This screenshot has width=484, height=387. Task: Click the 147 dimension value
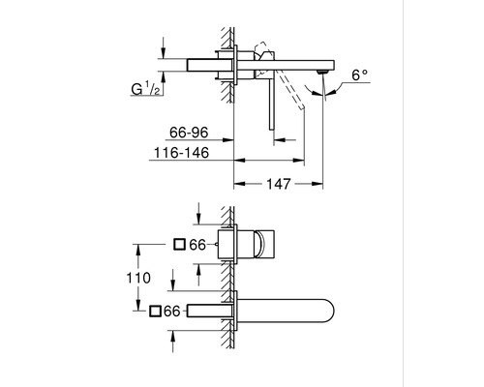[x=279, y=184]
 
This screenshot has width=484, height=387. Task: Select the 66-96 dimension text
[x=189, y=133]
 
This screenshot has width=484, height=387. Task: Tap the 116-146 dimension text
[x=181, y=153]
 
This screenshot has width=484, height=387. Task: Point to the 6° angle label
[x=359, y=75]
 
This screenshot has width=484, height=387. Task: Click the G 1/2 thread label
[x=145, y=88]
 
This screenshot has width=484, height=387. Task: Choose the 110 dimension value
[x=138, y=278]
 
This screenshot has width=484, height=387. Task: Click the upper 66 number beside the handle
[x=197, y=245]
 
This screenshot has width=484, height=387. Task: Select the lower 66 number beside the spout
[x=171, y=312]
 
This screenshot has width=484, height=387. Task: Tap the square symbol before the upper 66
[x=179, y=244]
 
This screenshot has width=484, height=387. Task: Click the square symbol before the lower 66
[x=155, y=312]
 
